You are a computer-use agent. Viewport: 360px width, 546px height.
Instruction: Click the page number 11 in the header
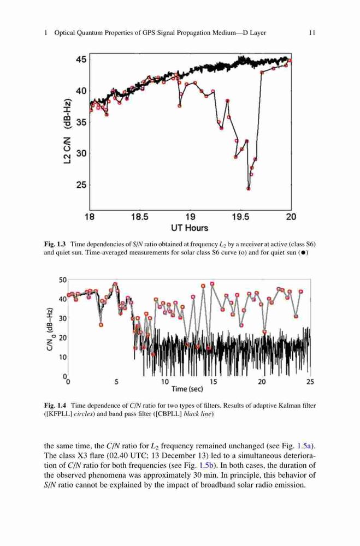click(312, 33)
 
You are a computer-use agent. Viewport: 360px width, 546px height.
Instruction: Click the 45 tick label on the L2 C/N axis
click(81, 60)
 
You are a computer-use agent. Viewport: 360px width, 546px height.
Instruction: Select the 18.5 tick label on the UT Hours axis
click(139, 217)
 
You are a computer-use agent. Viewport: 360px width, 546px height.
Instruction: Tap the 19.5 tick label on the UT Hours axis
click(240, 217)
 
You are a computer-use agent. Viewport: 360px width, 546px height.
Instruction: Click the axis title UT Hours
click(189, 228)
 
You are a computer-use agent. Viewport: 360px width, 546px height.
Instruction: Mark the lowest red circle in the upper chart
click(249, 188)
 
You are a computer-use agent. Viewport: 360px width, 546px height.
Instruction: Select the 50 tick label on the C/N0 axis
click(63, 280)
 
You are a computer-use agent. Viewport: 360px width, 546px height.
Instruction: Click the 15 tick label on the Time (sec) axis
click(213, 382)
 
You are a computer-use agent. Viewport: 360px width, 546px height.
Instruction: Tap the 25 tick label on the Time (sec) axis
click(310, 382)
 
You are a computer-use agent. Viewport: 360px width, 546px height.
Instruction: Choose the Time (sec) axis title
click(187, 389)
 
